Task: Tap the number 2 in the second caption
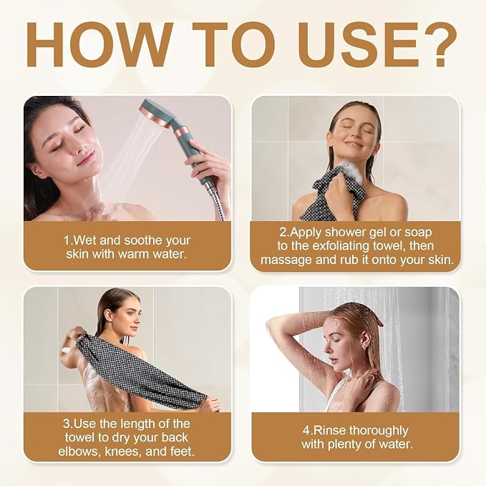point(283,232)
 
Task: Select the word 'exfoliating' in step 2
point(340,246)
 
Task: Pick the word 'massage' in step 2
point(286,261)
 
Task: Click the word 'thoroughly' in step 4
point(379,431)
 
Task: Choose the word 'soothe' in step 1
point(142,240)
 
